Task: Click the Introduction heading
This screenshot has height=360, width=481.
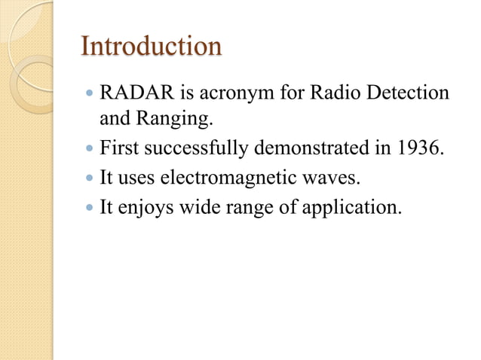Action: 151,47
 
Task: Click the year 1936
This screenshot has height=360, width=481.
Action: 417,147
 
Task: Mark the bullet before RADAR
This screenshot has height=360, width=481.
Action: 89,94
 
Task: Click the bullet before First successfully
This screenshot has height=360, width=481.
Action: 89,148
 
